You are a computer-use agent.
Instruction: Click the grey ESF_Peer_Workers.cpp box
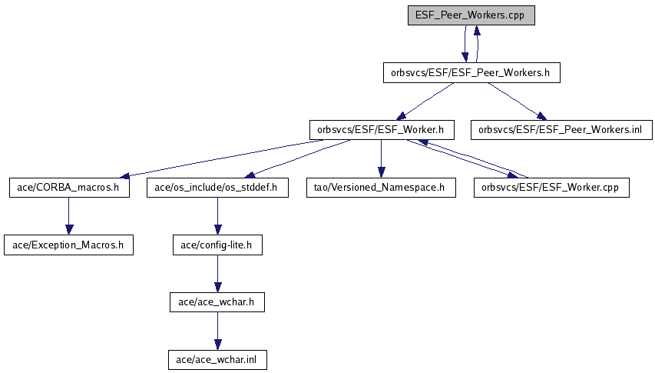click(471, 15)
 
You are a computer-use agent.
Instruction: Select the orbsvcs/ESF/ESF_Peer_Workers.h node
click(471, 73)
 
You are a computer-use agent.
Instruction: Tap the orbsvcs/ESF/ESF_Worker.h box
click(382, 130)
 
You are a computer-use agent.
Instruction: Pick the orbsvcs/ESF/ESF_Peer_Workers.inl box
click(561, 130)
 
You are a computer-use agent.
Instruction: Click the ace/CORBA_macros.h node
click(69, 188)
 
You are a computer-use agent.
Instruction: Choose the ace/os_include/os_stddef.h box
click(217, 188)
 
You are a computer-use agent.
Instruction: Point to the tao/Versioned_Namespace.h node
click(381, 188)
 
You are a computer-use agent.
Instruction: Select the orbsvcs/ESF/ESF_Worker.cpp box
click(551, 188)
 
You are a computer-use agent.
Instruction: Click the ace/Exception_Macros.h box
click(68, 245)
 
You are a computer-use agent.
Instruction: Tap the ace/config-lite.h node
click(217, 245)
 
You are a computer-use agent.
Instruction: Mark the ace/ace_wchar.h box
click(217, 302)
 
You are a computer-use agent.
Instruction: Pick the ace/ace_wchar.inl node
click(217, 360)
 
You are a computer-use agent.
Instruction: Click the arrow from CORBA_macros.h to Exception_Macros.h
click(69, 216)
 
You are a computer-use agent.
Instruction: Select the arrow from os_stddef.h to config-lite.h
click(217, 216)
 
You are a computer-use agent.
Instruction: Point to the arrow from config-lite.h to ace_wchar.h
click(217, 274)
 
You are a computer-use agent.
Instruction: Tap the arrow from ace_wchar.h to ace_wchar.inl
click(217, 331)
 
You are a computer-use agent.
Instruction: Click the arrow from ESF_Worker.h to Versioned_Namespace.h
click(381, 159)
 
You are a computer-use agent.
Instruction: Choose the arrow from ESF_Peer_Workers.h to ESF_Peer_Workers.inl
click(517, 102)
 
